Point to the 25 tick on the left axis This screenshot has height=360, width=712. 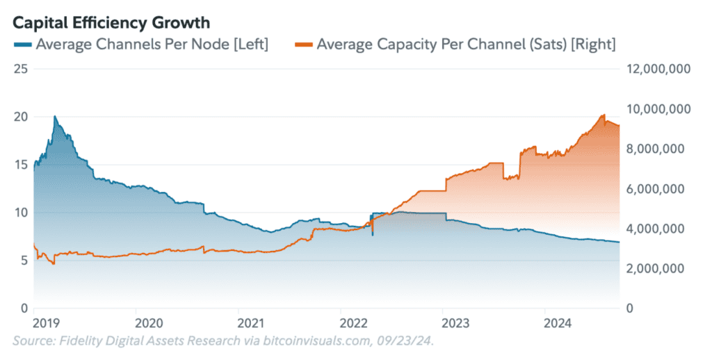click(x=20, y=69)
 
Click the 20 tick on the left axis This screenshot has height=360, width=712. click(x=20, y=117)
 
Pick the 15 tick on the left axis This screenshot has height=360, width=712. click(x=20, y=165)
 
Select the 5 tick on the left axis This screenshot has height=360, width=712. click(x=23, y=260)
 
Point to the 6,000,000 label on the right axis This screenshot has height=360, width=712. click(x=657, y=188)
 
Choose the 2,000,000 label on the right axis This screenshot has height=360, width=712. click(x=657, y=268)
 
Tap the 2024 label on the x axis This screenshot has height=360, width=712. click(x=557, y=322)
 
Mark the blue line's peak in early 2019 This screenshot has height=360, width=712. click(x=55, y=117)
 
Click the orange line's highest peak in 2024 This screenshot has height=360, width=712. click(x=604, y=115)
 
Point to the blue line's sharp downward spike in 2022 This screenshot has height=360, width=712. click(x=373, y=236)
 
